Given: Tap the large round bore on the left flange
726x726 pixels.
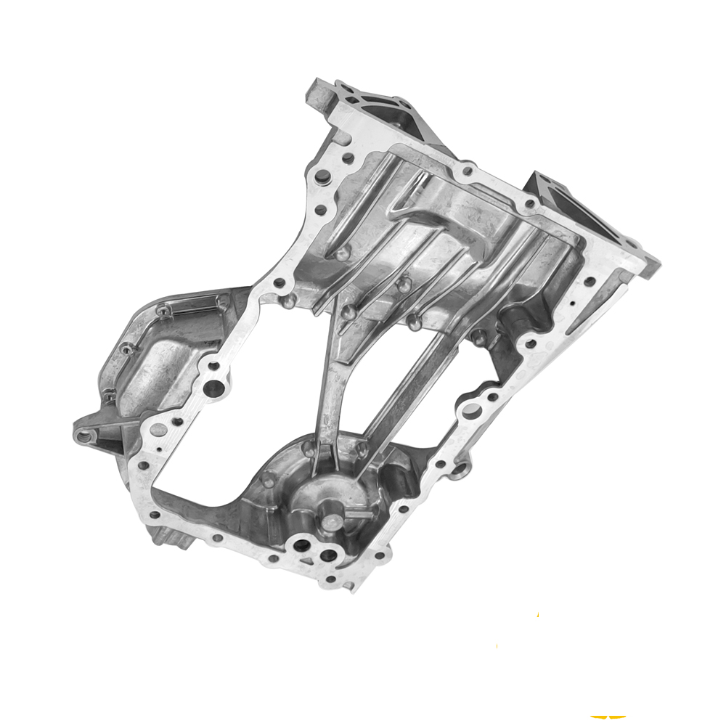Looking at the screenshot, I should tap(213, 388).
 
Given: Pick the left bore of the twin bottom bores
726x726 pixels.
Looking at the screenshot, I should tap(300, 544).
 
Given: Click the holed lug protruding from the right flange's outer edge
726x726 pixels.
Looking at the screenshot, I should tap(460, 470).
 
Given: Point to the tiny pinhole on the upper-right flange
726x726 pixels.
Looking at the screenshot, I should tap(573, 303).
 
